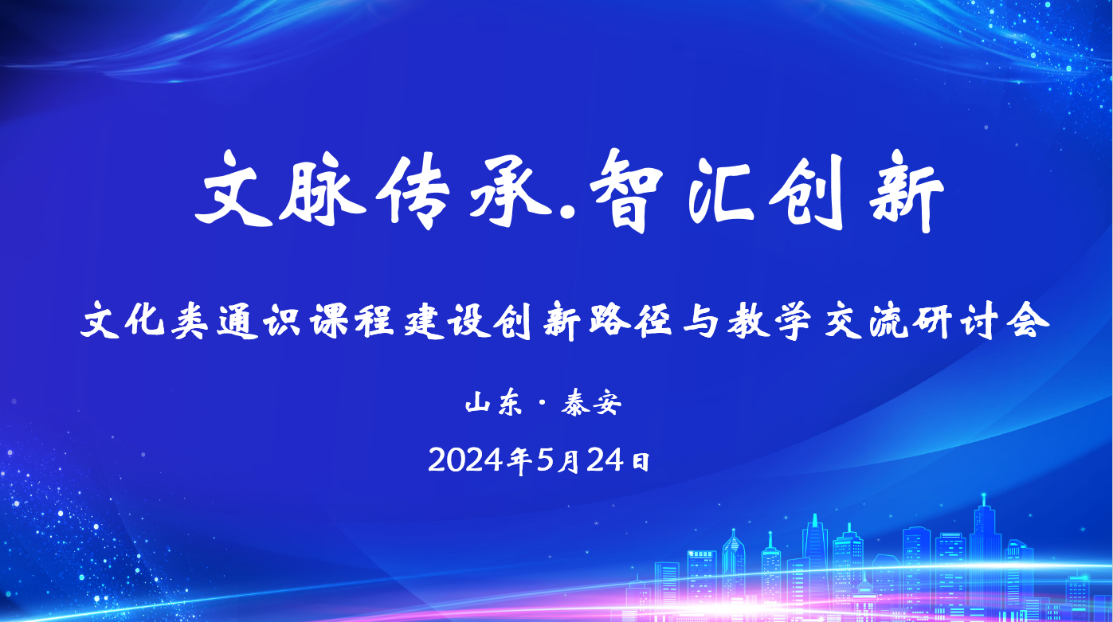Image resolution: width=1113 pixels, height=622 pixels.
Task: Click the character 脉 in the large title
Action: pos(323,190)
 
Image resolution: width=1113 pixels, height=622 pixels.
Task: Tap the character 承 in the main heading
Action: pos(511,190)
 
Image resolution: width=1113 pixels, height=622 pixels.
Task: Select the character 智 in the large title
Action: pos(626,190)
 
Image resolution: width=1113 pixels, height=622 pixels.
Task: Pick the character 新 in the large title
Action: pos(907,190)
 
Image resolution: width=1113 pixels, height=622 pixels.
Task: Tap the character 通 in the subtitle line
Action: pos(238,322)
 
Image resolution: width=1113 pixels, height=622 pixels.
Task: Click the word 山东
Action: pos(494,403)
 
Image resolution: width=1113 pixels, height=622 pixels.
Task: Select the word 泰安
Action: pos(591,403)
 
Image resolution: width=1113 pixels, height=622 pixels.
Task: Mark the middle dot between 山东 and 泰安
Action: pos(542,404)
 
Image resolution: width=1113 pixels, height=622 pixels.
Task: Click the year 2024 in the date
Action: pos(465,460)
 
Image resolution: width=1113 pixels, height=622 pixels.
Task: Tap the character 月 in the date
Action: pos(569,460)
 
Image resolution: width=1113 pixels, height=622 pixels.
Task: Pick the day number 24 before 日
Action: pos(605,460)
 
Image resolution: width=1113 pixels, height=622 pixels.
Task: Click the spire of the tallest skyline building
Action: pos(983,500)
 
